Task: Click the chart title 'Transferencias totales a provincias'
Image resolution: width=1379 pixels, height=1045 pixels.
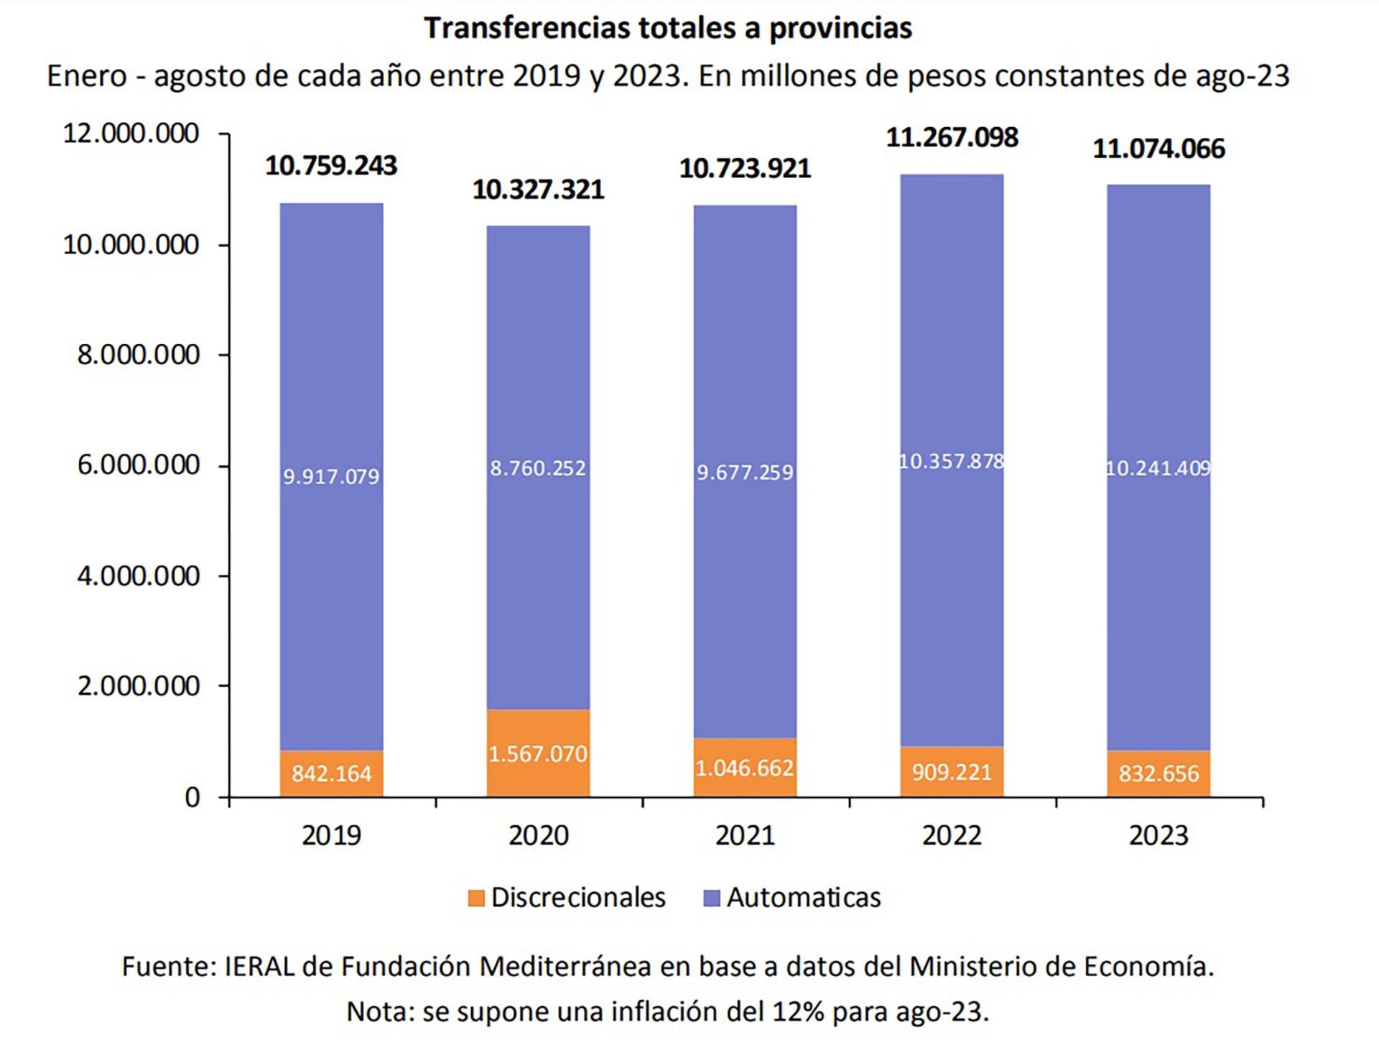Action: (668, 29)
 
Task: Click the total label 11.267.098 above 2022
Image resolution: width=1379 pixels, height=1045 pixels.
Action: (952, 137)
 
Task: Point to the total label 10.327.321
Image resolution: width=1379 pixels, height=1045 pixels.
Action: (538, 190)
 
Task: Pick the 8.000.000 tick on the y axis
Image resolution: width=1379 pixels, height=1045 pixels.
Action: (138, 355)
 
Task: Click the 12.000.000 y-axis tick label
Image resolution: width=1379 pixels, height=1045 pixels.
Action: (131, 134)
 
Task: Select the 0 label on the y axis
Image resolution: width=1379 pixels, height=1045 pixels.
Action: (192, 797)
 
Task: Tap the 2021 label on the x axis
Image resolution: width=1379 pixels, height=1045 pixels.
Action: (745, 835)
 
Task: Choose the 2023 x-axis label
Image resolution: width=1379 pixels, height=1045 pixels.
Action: (1159, 835)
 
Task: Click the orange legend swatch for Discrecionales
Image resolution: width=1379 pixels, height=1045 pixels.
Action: (476, 898)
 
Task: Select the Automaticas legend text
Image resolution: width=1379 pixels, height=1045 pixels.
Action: (804, 898)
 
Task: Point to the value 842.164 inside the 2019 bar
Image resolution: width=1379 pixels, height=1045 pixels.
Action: (331, 774)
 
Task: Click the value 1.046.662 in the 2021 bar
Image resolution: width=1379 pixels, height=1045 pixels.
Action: (745, 768)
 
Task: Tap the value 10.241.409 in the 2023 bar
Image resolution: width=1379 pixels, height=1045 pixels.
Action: (1159, 468)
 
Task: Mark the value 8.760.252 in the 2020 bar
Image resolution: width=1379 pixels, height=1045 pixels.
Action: (538, 468)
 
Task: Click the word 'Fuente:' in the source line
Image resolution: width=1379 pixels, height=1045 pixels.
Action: (169, 967)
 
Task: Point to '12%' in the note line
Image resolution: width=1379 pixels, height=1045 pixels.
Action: (797, 1011)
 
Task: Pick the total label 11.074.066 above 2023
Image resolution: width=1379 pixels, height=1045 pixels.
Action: (1159, 149)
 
